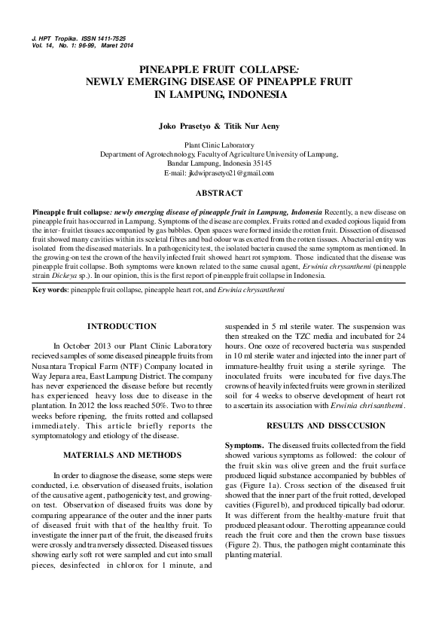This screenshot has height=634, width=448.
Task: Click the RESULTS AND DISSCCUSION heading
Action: click(316, 425)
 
